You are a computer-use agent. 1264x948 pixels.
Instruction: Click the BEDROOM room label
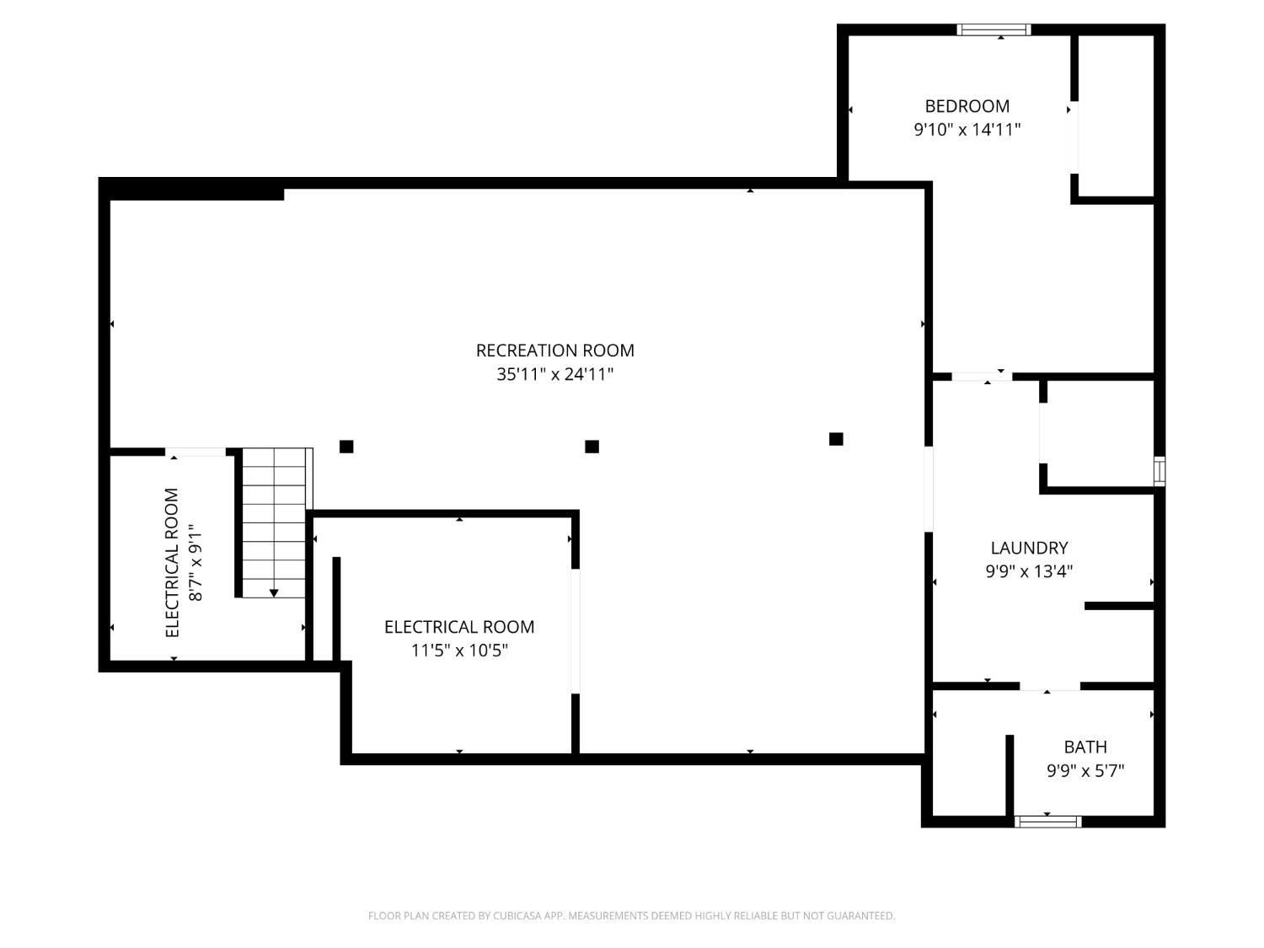pos(967,106)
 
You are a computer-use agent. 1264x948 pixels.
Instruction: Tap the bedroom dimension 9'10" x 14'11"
pos(967,130)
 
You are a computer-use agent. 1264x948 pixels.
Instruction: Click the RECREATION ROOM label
pos(554,351)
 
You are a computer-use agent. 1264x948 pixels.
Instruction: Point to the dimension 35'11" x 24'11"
pos(554,374)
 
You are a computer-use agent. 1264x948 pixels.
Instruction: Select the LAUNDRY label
pos(1029,548)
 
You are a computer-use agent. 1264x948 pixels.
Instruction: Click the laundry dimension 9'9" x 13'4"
pos(1029,571)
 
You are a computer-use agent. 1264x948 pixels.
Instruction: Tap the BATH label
pos(1085,747)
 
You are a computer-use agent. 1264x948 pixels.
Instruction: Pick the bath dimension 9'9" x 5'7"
pos(1085,771)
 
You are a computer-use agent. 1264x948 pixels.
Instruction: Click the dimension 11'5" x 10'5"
pos(459,651)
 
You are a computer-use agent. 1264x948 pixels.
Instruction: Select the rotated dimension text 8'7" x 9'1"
pos(195,562)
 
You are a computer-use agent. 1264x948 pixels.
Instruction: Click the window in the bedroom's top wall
pos(994,30)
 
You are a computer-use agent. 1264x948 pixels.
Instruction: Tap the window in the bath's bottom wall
pos(1047,822)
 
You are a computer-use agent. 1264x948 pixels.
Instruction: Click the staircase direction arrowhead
pos(274,593)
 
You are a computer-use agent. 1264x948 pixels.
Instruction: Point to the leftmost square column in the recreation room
pos(346,447)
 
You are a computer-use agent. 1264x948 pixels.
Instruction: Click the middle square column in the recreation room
pos(592,447)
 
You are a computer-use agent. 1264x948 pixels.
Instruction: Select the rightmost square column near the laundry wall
pos(836,439)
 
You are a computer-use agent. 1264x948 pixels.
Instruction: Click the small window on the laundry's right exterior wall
pos(1160,471)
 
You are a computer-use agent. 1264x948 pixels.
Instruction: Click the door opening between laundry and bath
pos(1050,686)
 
